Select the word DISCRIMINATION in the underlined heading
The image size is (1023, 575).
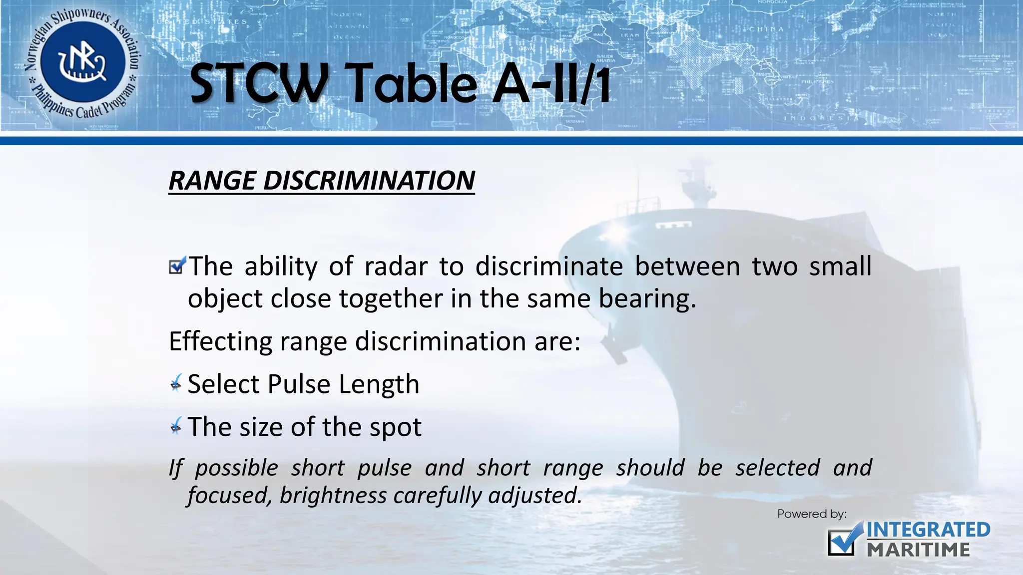(x=369, y=180)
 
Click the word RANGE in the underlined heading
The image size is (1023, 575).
(x=212, y=180)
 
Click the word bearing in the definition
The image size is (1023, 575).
(x=646, y=298)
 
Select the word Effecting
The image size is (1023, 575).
(x=220, y=342)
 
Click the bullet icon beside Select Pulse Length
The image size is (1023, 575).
(x=176, y=383)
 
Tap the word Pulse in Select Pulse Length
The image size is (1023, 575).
(x=299, y=384)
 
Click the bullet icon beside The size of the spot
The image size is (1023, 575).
(x=176, y=426)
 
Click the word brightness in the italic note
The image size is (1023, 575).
(x=333, y=495)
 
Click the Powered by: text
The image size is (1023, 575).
(x=812, y=514)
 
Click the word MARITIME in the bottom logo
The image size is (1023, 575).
(x=918, y=550)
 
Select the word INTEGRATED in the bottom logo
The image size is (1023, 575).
(x=928, y=530)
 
